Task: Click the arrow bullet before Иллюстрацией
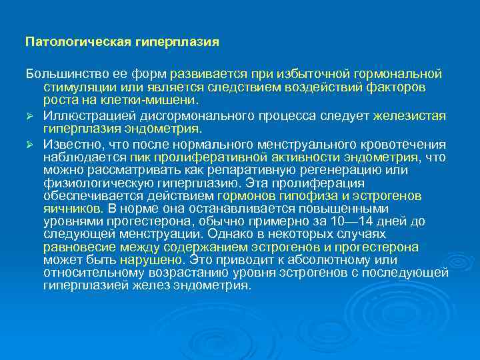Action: pyautogui.click(x=30, y=116)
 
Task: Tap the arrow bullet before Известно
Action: pyautogui.click(x=30, y=145)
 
